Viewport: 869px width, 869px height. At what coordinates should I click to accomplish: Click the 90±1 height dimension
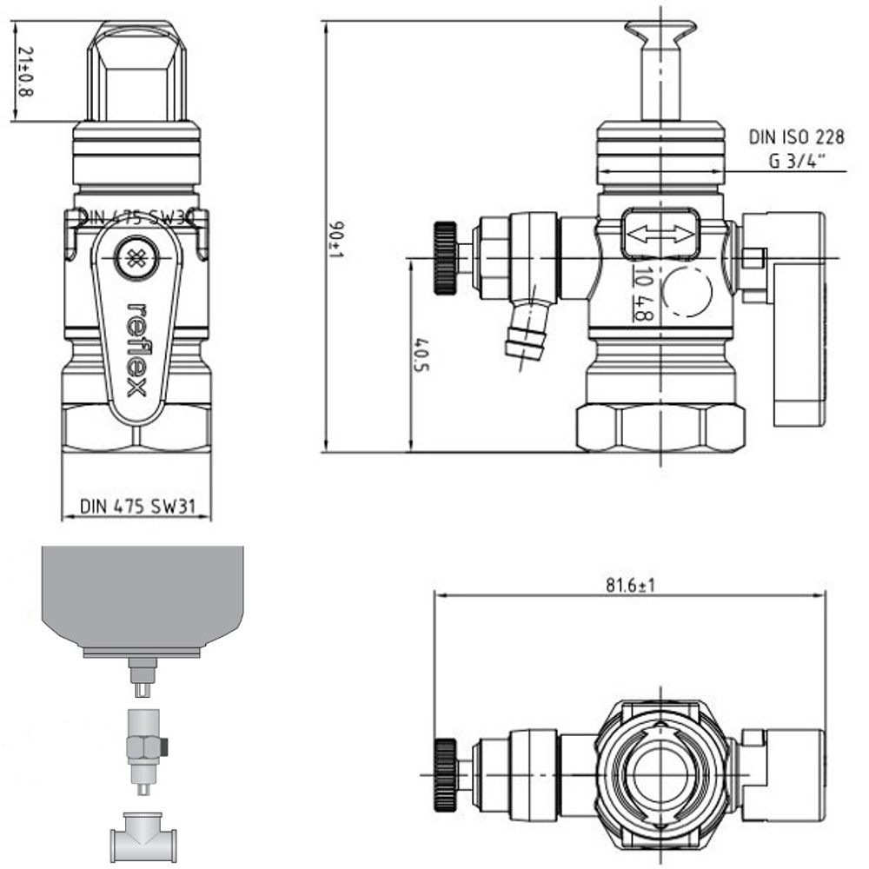335,240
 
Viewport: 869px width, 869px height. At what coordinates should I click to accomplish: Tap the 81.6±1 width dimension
631,585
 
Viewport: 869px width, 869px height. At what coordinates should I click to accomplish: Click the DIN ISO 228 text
796,137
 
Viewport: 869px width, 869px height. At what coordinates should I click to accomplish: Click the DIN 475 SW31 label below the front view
136,507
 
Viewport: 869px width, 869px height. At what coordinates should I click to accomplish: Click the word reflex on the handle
136,348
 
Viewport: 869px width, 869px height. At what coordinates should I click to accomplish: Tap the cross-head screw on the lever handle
136,258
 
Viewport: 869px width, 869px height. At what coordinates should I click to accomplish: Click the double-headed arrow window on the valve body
660,234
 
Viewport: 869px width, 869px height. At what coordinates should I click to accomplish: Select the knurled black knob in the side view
445,259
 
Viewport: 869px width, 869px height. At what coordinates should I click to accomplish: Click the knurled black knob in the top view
445,774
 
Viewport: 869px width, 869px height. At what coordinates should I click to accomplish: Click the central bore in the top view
660,774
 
